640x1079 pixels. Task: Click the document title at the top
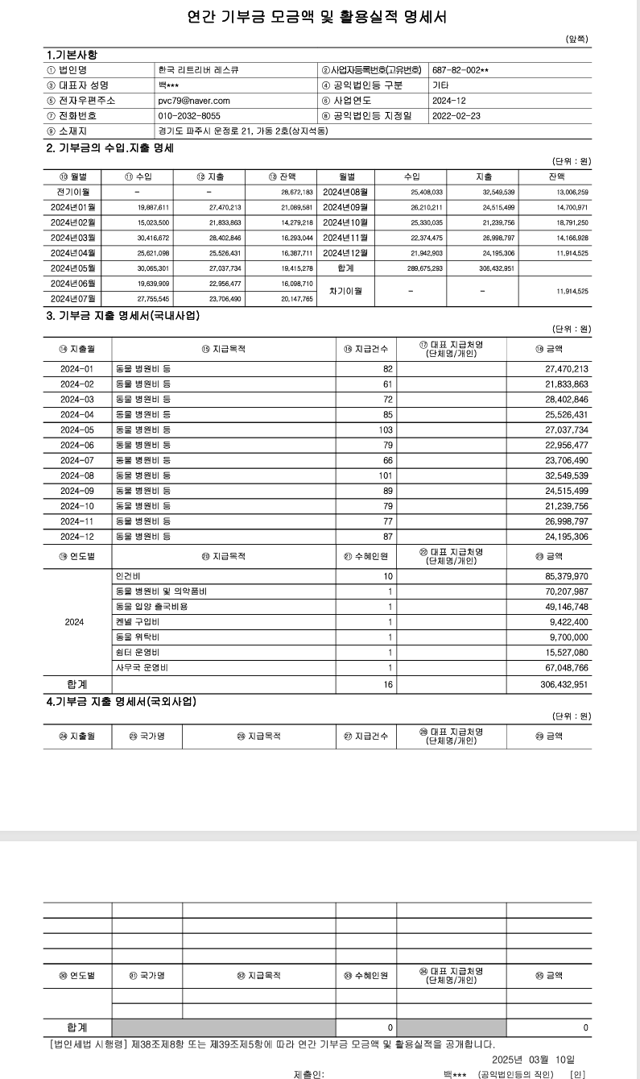[x=320, y=16]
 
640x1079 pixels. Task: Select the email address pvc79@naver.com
[x=194, y=101]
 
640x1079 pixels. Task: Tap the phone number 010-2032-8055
[x=189, y=116]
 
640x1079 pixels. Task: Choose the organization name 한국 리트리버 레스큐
[x=198, y=70]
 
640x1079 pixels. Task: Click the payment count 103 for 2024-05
[x=386, y=430]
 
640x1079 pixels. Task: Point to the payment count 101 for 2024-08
[x=386, y=476]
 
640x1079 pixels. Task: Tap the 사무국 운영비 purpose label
[x=138, y=668]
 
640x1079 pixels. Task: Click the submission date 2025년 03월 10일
[x=533, y=1059]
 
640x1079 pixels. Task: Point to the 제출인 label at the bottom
[x=309, y=1074]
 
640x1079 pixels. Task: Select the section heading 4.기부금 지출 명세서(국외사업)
[x=121, y=702]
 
